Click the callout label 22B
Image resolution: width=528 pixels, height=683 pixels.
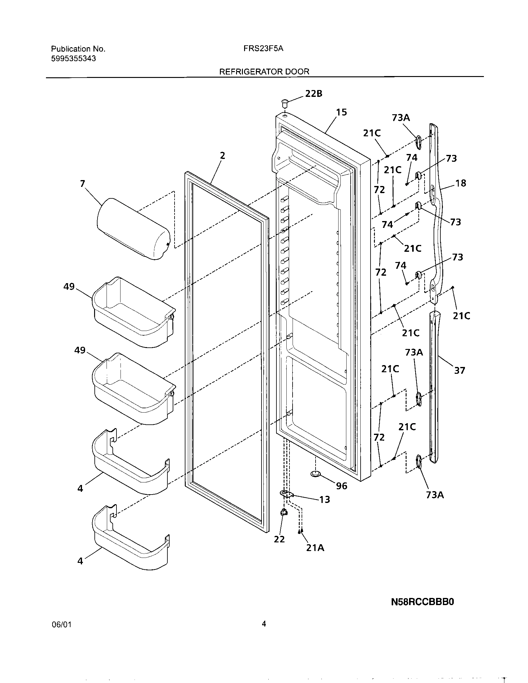(313, 93)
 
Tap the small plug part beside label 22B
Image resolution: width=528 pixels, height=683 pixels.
(284, 103)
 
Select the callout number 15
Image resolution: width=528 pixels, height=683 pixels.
(341, 112)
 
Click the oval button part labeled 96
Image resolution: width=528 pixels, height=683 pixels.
(316, 474)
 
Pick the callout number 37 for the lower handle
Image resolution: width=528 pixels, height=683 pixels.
(459, 370)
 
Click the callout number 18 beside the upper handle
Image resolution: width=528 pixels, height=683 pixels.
(460, 183)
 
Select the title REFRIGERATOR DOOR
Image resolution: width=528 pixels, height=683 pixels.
(264, 72)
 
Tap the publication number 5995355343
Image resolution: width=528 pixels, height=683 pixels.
(74, 58)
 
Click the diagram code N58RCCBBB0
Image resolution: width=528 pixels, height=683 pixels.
(422, 602)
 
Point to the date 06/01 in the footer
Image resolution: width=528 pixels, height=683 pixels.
(61, 633)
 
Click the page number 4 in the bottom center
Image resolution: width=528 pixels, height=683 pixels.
(264, 633)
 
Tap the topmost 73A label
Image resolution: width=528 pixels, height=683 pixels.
(401, 118)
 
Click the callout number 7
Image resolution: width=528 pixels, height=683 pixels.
(82, 183)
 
